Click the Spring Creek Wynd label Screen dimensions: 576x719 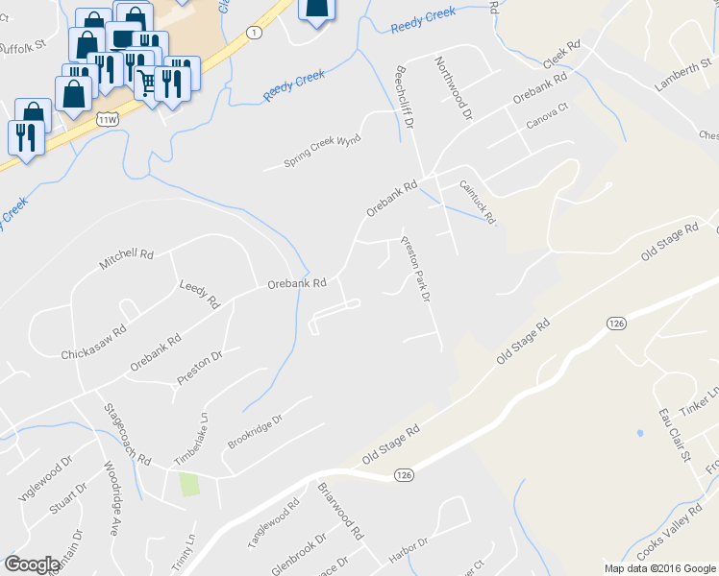[x=322, y=152]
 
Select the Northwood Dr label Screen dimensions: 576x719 [x=455, y=87]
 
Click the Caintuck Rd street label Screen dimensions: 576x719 [x=478, y=203]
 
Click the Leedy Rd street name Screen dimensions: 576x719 [x=200, y=294]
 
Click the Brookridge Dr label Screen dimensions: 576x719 [x=255, y=432]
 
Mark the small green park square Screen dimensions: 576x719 [x=190, y=483]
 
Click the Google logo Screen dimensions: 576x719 [x=33, y=564]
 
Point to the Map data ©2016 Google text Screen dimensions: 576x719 [x=659, y=568]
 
